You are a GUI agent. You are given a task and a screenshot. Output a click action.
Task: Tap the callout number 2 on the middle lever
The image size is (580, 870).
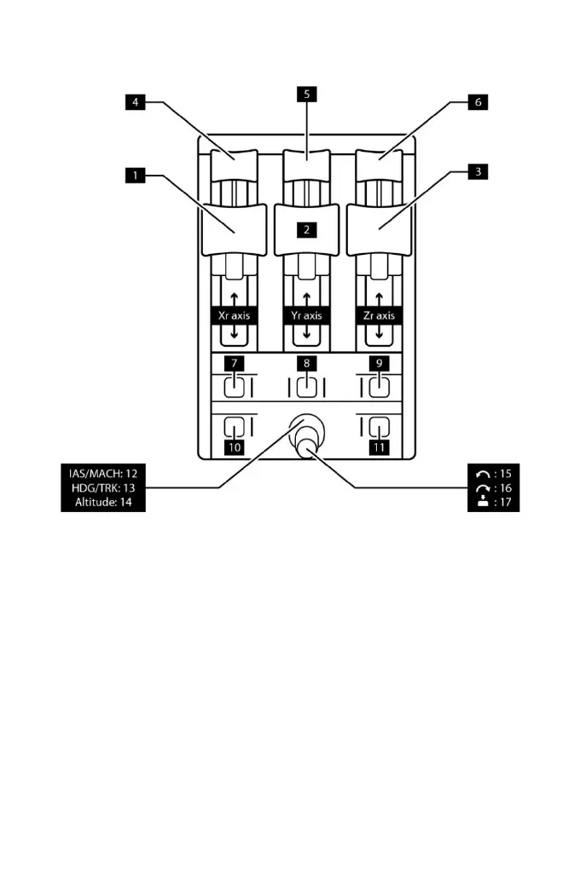coord(306,229)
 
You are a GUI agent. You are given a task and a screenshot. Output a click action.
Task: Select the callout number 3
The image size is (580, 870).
coord(478,171)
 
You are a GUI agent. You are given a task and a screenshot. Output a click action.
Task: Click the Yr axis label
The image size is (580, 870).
coord(306,315)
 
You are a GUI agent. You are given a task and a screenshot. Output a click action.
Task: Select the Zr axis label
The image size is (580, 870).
coord(379,315)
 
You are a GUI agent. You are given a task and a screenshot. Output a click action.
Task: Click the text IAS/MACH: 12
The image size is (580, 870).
coord(102,471)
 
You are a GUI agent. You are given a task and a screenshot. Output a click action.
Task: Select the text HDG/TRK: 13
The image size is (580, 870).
coord(102,487)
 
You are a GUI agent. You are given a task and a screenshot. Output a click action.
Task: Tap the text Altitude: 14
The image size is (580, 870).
coord(102,503)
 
